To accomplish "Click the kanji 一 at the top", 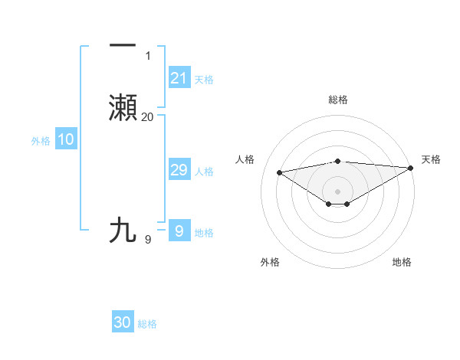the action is pos(123,46).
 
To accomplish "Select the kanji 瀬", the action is pos(123,108).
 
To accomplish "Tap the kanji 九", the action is pos(123,230).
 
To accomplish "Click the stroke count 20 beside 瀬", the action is pos(147,117).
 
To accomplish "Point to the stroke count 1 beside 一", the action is pos(148,55).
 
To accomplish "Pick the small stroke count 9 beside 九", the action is pos(148,240).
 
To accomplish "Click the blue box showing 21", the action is pos(179,78).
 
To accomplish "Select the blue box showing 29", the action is pos(179,170).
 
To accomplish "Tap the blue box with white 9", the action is pos(179,231).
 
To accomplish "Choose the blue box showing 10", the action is pos(65,139).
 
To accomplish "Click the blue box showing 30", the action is pos(123,323).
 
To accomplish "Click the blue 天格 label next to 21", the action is pos(204,80).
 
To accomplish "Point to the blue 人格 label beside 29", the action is pos(204,172).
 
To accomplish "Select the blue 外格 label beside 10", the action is pos(40,141).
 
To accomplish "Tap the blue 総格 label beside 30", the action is pos(148,325).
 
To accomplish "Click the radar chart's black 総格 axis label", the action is pos(337,100).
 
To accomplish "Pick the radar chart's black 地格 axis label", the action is pos(402,262).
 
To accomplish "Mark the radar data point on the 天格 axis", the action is pos(411,168).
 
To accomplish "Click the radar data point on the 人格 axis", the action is pos(279,172).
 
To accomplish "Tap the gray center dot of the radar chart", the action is pos(337,191).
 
